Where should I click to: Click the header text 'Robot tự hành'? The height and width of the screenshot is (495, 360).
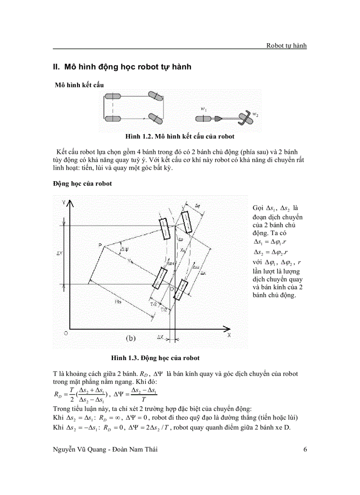(x=286, y=45)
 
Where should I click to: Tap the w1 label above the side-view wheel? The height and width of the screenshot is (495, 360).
(x=203, y=108)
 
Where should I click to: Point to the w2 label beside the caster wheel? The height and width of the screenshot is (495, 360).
(x=255, y=114)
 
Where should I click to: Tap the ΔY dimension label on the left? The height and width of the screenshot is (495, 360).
(x=60, y=254)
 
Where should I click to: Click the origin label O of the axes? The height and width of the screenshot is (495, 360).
(x=65, y=334)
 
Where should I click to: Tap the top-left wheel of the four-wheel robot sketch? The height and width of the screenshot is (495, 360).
(x=112, y=96)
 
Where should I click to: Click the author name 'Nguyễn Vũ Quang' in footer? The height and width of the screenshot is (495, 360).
(x=77, y=449)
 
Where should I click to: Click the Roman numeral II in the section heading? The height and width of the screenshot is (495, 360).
(x=56, y=67)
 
